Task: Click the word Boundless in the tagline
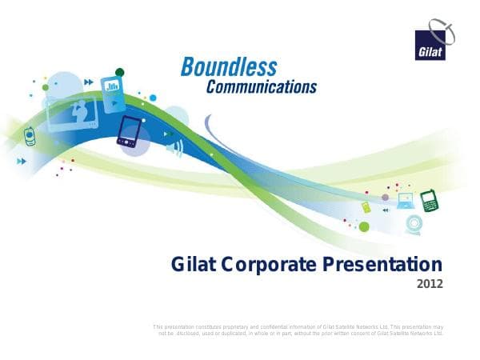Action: coord(229,66)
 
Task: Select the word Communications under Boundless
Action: coord(261,86)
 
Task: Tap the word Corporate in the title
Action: coord(273,264)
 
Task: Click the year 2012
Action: coord(430,284)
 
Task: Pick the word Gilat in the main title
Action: coord(195,264)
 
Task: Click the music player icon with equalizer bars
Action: coord(113,86)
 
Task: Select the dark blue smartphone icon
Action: coord(128,132)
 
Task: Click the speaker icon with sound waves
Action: coord(173,147)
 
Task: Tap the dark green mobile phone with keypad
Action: coord(430,201)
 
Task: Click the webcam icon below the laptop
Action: coord(412,223)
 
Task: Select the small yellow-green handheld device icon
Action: coord(366,206)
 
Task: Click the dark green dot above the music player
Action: coord(120,72)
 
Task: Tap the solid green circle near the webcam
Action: coord(364,226)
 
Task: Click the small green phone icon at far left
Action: coord(30,137)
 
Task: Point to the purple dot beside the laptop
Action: coord(385,197)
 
